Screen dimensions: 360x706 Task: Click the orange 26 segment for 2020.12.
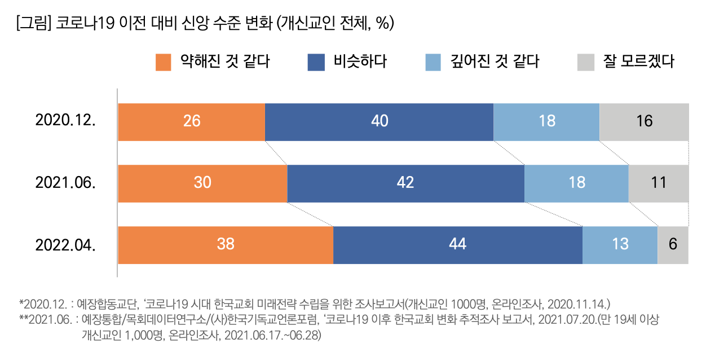point(192,122)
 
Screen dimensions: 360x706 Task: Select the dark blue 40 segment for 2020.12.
point(380,122)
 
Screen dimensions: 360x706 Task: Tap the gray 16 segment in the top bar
point(644,122)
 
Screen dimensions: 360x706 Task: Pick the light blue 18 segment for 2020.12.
point(546,122)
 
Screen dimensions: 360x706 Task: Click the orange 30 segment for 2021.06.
point(203,183)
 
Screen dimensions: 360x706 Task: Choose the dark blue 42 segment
point(406,183)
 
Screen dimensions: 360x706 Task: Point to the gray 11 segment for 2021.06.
point(659,183)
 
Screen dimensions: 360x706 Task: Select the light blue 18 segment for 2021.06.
point(576,183)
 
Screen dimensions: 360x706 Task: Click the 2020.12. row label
point(65,121)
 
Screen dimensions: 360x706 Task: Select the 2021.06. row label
point(65,183)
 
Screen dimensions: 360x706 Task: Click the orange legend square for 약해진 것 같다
point(163,62)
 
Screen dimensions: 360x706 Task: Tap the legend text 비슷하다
point(360,62)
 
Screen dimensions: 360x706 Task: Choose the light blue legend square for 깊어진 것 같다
point(433,62)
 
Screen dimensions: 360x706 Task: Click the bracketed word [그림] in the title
point(34,23)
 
